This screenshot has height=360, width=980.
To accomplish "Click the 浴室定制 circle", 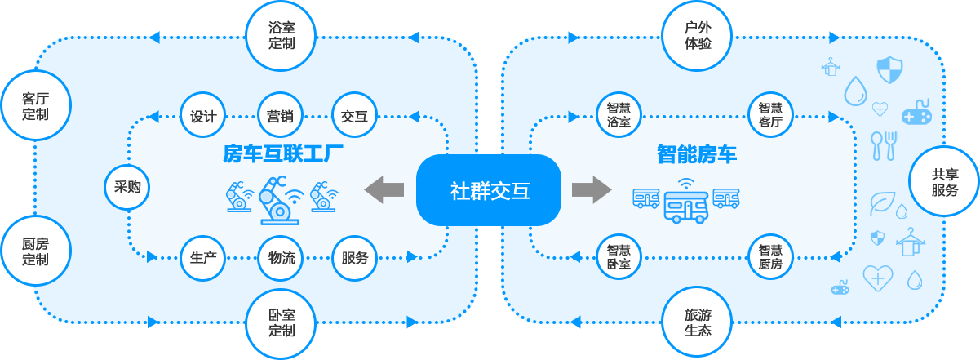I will tap(282, 35).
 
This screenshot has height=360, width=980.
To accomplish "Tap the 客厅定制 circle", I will tap(36, 106).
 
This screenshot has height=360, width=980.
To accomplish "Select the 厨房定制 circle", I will tap(36, 251).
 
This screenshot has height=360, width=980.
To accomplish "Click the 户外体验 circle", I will tap(698, 35).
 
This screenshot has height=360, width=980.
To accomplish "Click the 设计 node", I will tap(203, 116).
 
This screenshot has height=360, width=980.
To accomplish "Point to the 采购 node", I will tap(127, 187).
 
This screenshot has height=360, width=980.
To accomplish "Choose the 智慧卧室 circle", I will tap(619, 256).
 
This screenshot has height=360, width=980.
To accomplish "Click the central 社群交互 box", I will tap(490, 190).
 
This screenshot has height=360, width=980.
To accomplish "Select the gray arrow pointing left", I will tap(384, 189).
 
